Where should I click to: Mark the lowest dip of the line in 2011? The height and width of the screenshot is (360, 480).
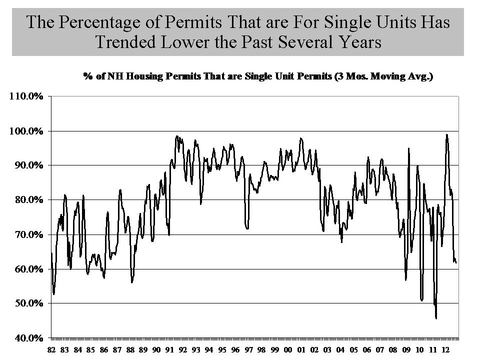pos(436,318)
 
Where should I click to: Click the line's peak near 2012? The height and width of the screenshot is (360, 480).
pos(446,134)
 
